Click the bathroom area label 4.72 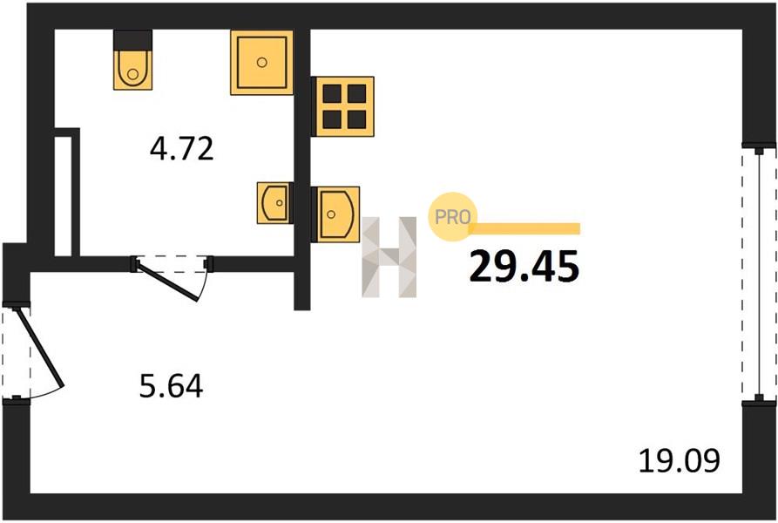pyautogui.click(x=181, y=148)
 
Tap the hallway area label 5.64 pyautogui.click(x=171, y=386)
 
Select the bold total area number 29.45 pyautogui.click(x=524, y=267)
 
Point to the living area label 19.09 pyautogui.click(x=679, y=460)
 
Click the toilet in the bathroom pyautogui.click(x=132, y=60)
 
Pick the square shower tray pyautogui.click(x=262, y=63)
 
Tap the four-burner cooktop pyautogui.click(x=343, y=106)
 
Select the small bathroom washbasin pyautogui.click(x=274, y=202)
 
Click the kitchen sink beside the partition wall pyautogui.click(x=336, y=214)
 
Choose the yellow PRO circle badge pyautogui.click(x=452, y=217)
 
